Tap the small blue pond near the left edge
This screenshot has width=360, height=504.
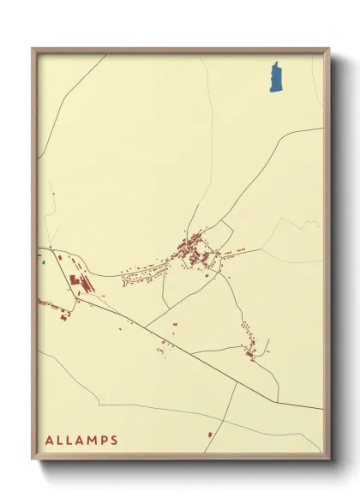click(x=41, y=262)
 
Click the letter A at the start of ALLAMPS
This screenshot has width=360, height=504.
click(x=50, y=441)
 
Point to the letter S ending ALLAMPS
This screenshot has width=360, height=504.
click(x=114, y=441)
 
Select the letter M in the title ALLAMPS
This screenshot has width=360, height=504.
click(x=89, y=441)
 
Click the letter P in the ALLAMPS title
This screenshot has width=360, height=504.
click(x=102, y=441)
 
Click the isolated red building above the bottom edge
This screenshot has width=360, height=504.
click(x=208, y=436)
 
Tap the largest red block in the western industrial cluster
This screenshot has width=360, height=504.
click(x=74, y=283)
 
